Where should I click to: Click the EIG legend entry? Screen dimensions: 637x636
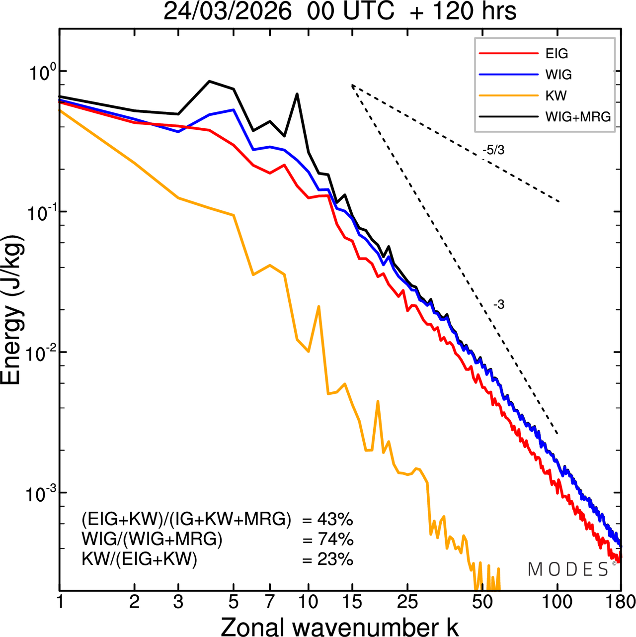[556, 54]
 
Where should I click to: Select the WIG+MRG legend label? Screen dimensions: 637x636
[578, 117]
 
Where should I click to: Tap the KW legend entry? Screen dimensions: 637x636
[556, 95]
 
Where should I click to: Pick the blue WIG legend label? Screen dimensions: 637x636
[558, 75]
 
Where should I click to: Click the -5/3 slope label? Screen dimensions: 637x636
[493, 150]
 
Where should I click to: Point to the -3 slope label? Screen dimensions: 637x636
[499, 305]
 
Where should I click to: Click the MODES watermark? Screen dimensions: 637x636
[568, 569]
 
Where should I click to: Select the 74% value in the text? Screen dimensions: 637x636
[328, 540]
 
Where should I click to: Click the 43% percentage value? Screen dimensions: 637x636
[328, 520]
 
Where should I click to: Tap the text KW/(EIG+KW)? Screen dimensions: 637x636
[140, 559]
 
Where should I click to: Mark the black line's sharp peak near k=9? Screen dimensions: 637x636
[297, 93]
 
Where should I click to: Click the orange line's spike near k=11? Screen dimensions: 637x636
[318, 306]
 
